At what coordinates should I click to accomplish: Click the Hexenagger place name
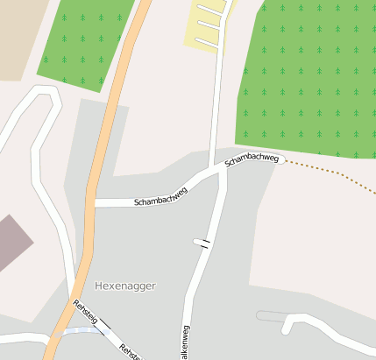coord(126,286)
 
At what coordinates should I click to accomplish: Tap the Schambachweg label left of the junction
coord(161,195)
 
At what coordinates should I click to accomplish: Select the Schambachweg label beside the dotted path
coord(252,158)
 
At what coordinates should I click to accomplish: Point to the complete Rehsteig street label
coord(86,313)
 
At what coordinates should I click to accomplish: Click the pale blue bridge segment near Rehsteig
coord(77,331)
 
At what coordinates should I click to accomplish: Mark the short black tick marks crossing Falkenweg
coord(203,243)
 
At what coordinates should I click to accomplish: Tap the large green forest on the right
coord(307,79)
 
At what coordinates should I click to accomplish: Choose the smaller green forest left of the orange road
coord(88,44)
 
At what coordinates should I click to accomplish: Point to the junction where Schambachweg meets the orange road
coord(90,203)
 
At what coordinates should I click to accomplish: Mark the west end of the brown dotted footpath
coord(282,160)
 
